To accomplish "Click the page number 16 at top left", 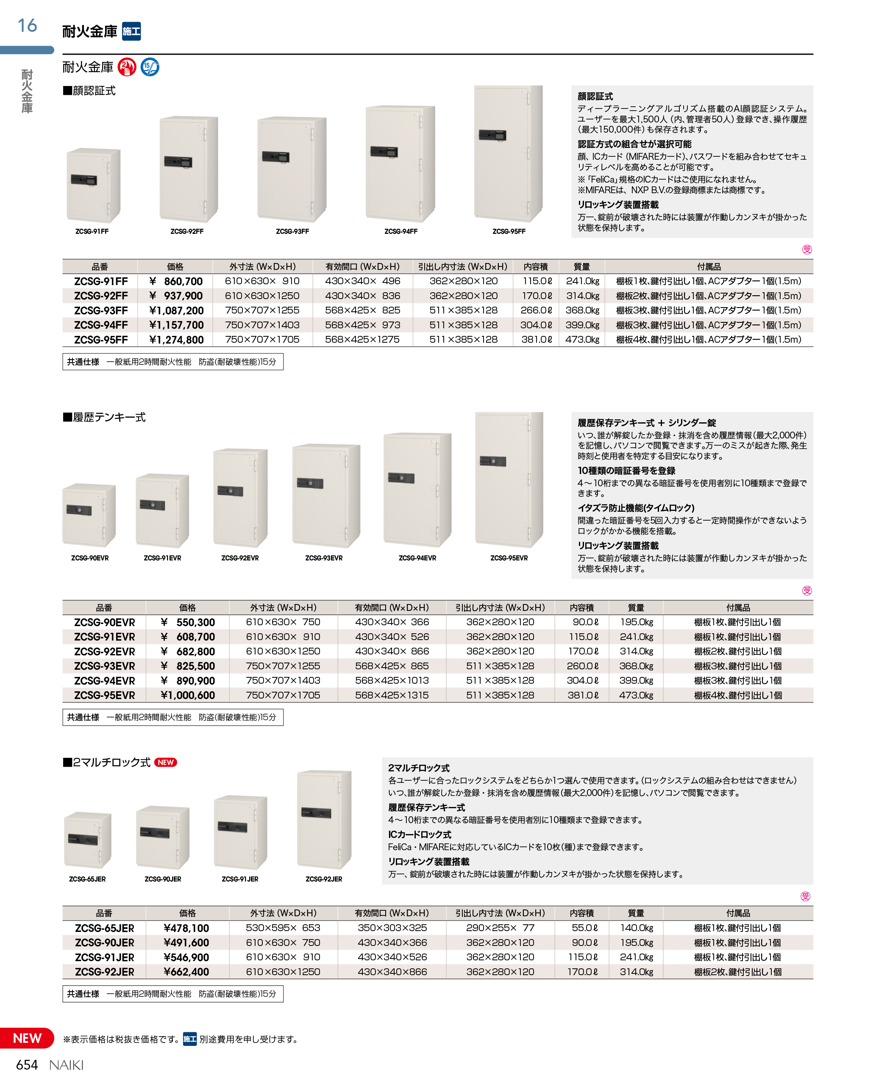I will click(27, 25).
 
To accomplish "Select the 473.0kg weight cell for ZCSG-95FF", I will click(582, 339).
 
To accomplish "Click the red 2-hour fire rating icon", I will click(127, 67).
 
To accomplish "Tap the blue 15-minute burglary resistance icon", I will click(150, 67).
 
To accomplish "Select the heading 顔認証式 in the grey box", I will click(595, 96).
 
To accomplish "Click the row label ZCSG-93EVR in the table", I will click(104, 666).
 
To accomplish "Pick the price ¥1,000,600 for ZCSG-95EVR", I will click(187, 695).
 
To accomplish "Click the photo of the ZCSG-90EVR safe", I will click(89, 515).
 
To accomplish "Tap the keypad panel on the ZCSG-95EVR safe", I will click(492, 461).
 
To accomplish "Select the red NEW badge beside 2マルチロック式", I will click(166, 762).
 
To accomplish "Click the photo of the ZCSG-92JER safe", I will click(324, 819).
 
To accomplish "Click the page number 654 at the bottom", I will click(27, 1065).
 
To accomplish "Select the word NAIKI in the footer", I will click(66, 1065).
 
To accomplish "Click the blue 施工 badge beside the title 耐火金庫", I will click(132, 31).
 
